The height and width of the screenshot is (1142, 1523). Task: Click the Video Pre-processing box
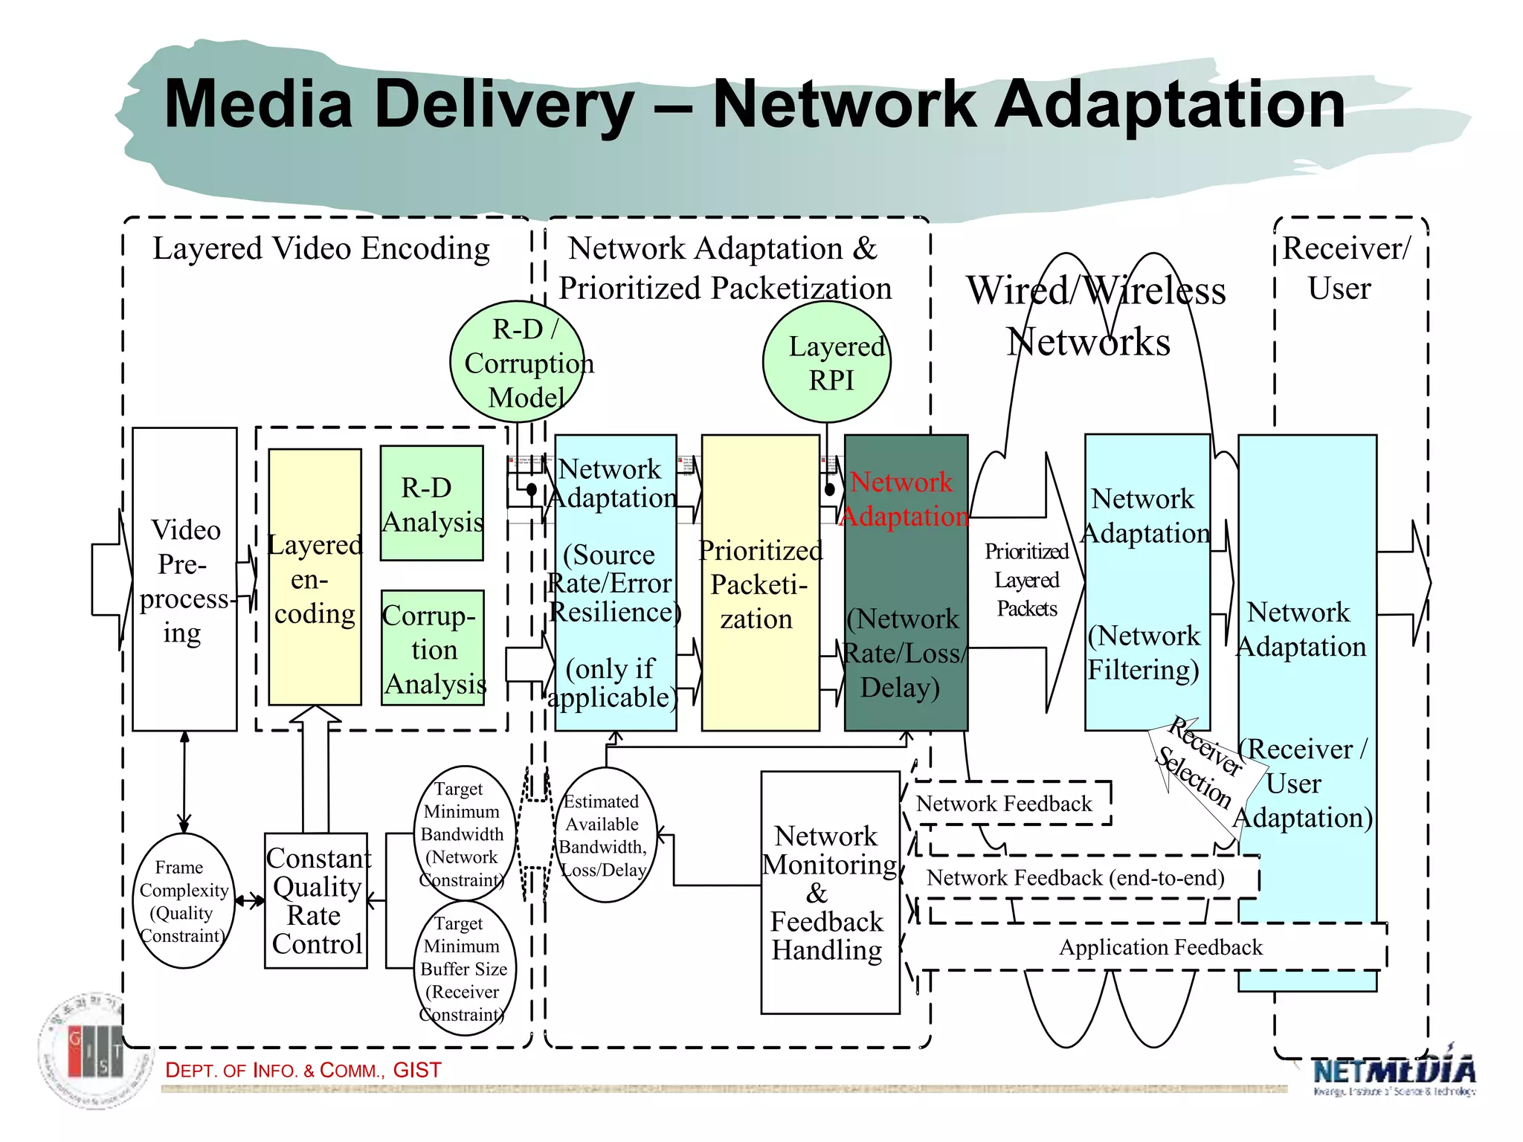click(x=184, y=580)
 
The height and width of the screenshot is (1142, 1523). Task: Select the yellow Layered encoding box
click(x=315, y=578)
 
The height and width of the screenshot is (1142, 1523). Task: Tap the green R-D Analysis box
click(x=431, y=503)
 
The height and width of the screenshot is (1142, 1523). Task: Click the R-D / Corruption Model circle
click(x=518, y=363)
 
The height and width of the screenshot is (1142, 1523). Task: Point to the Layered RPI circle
click(x=827, y=363)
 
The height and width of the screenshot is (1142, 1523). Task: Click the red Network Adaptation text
click(x=904, y=499)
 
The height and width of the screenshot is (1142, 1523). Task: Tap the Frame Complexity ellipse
click(x=183, y=901)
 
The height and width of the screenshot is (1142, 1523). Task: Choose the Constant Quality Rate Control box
click(x=316, y=901)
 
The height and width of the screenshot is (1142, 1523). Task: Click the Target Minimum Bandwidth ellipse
click(x=464, y=834)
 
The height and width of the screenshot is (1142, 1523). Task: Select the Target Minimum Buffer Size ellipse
click(x=464, y=969)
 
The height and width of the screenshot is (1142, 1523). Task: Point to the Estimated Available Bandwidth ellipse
click(x=605, y=835)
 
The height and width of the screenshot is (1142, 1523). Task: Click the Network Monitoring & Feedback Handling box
click(x=829, y=892)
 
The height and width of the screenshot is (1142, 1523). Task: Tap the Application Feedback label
click(x=1160, y=947)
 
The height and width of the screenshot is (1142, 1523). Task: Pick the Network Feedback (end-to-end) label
click(x=1075, y=878)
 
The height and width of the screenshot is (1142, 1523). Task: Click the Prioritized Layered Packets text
click(x=1026, y=580)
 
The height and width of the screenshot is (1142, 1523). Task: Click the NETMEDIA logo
click(x=1394, y=1074)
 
